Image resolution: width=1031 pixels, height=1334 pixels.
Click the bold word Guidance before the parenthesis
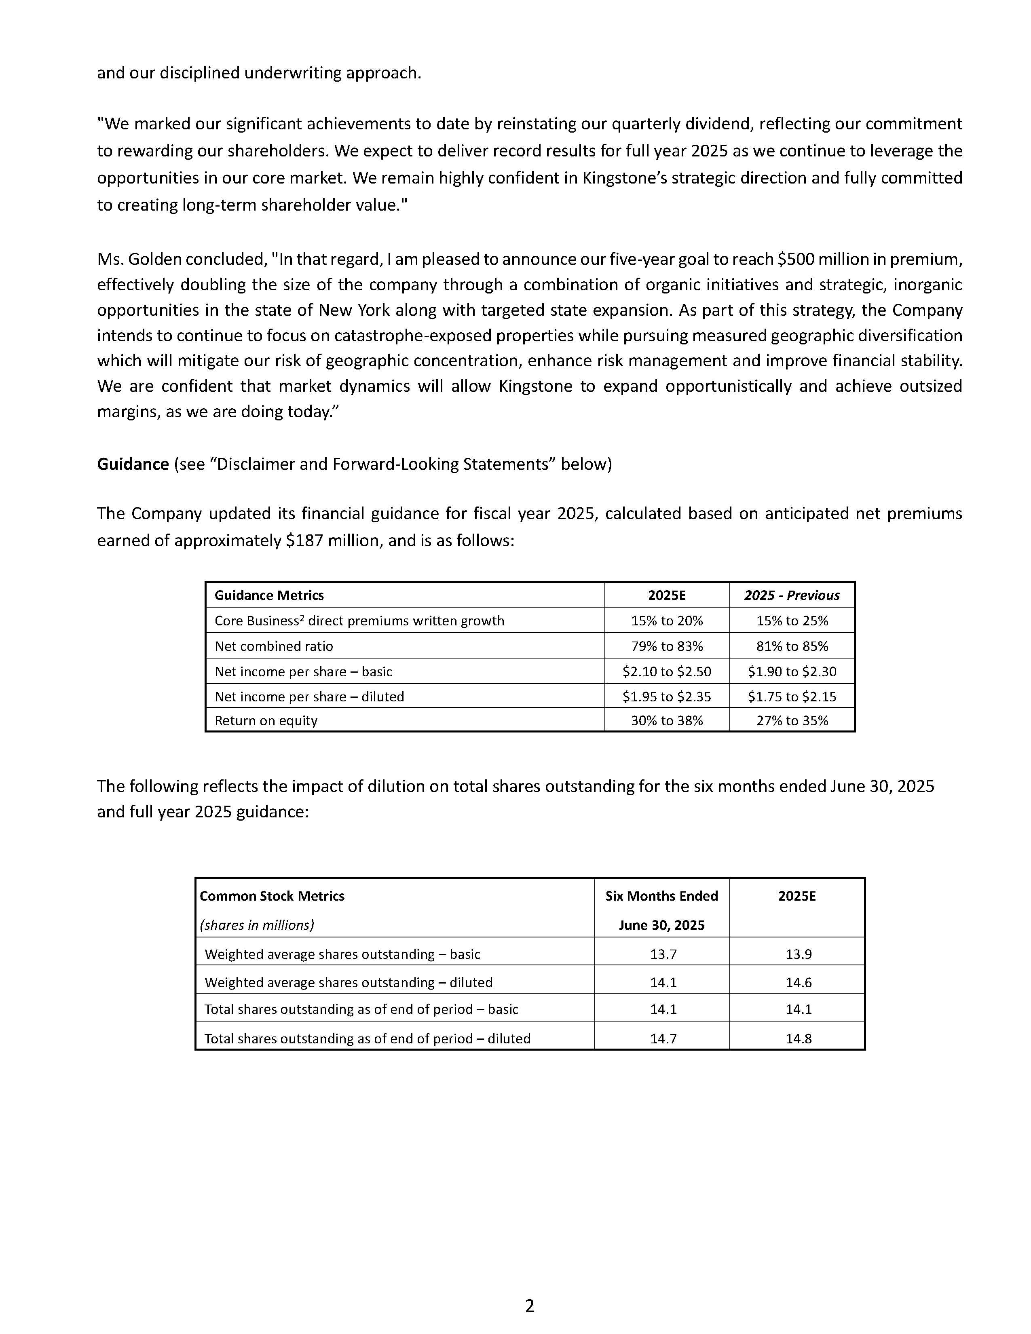pos(133,464)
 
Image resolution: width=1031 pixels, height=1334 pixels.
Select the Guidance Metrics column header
pos(269,595)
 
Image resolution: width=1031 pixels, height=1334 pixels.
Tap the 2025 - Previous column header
pos(792,595)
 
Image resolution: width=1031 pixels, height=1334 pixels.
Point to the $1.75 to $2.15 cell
pos(792,697)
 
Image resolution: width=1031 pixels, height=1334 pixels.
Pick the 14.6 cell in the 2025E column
pos(798,983)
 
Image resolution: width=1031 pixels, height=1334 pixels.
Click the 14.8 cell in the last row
pos(798,1039)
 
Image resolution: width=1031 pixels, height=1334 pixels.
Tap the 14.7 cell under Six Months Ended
pos(663,1039)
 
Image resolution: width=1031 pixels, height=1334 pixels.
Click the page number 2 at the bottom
pos(530,1306)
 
